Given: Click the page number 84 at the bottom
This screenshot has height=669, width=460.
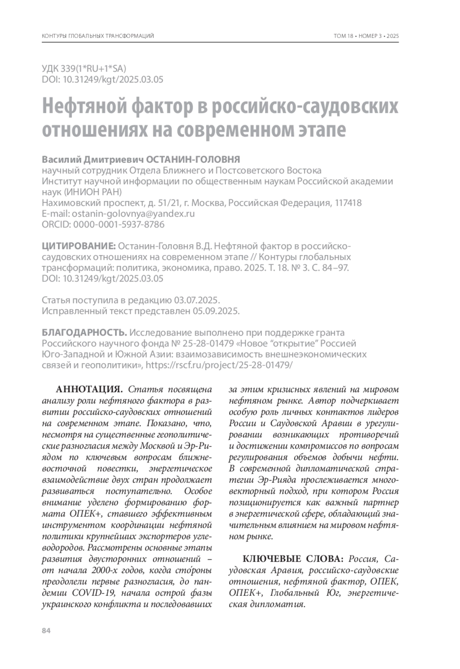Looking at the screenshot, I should (46, 631).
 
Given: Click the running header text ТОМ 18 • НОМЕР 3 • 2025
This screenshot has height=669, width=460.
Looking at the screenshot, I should (366, 36).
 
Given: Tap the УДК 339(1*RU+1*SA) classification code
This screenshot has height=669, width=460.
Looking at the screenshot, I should (84, 69).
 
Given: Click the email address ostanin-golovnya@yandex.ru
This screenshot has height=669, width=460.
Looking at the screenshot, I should (133, 214).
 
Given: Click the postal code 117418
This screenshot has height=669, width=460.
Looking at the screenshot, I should (348, 203).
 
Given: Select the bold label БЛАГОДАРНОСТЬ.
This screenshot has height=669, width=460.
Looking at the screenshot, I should (84, 332).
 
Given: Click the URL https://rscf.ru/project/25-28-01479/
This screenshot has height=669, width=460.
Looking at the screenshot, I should (219, 365).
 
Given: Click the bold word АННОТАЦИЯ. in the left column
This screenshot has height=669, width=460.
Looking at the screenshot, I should (89, 390).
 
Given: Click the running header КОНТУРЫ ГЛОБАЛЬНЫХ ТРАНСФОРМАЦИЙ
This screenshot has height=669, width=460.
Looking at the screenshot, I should (98, 36).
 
